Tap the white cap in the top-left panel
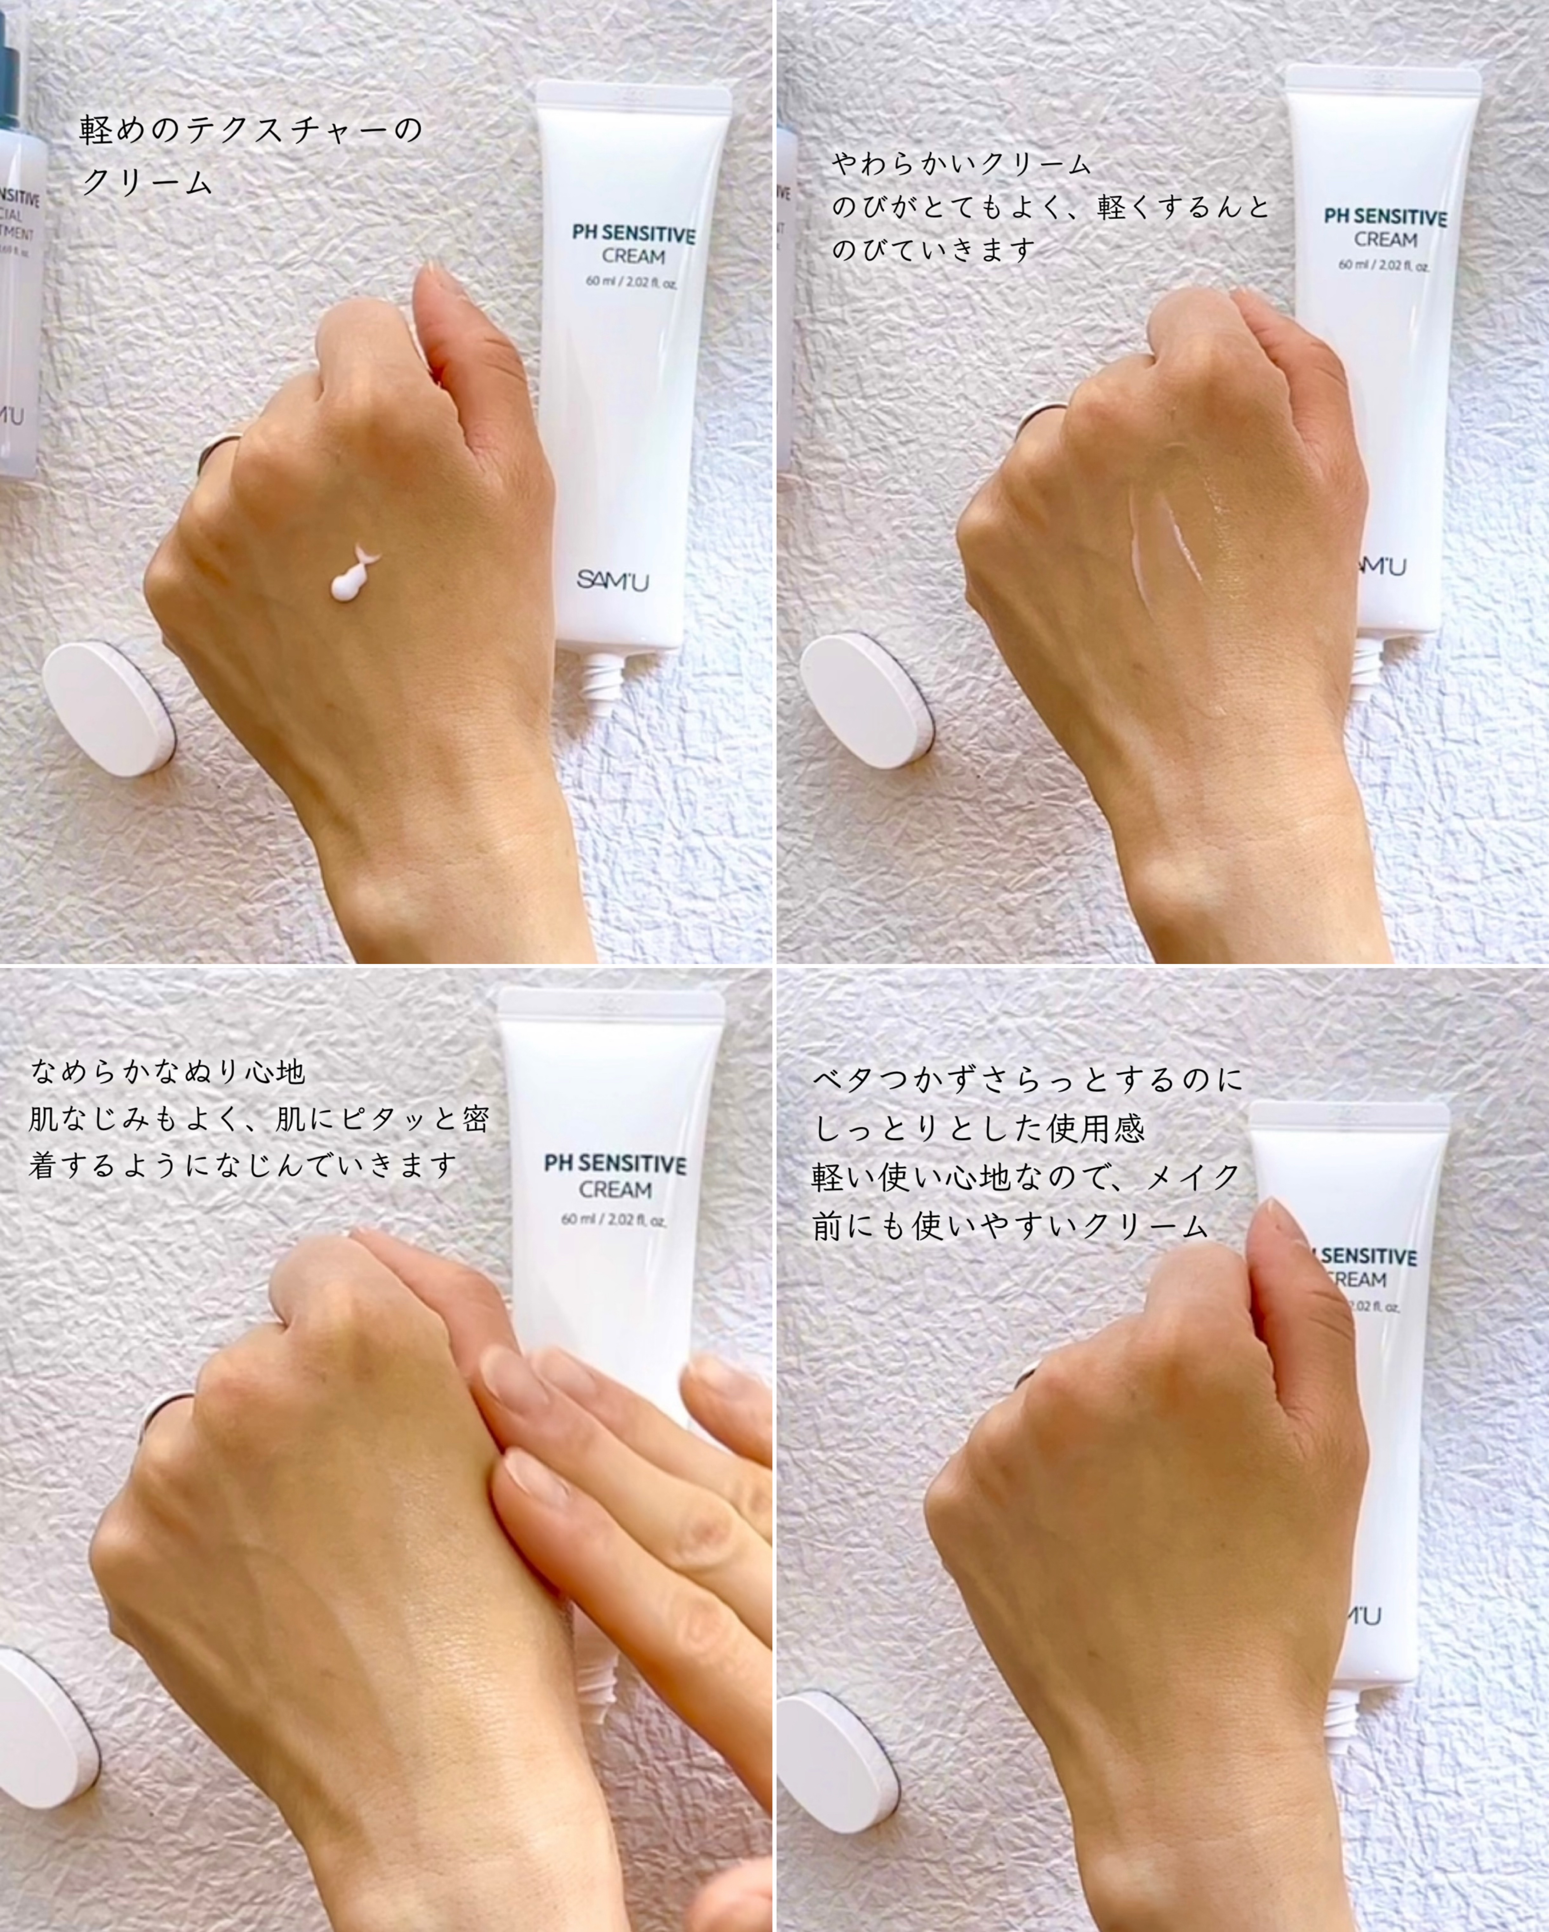[110, 708]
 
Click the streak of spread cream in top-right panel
[1165, 538]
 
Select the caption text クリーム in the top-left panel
[146, 182]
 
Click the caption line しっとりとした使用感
[979, 1127]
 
